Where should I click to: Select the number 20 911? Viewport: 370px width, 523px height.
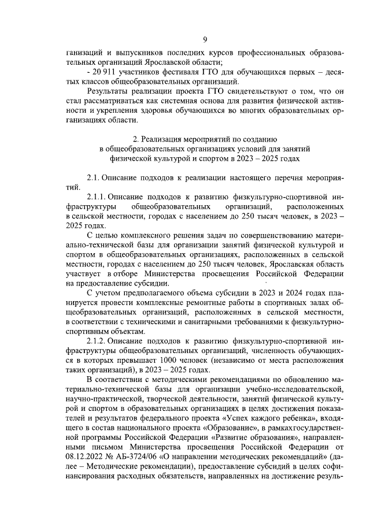click(x=102, y=72)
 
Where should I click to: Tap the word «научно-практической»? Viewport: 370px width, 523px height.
click(x=102, y=399)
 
